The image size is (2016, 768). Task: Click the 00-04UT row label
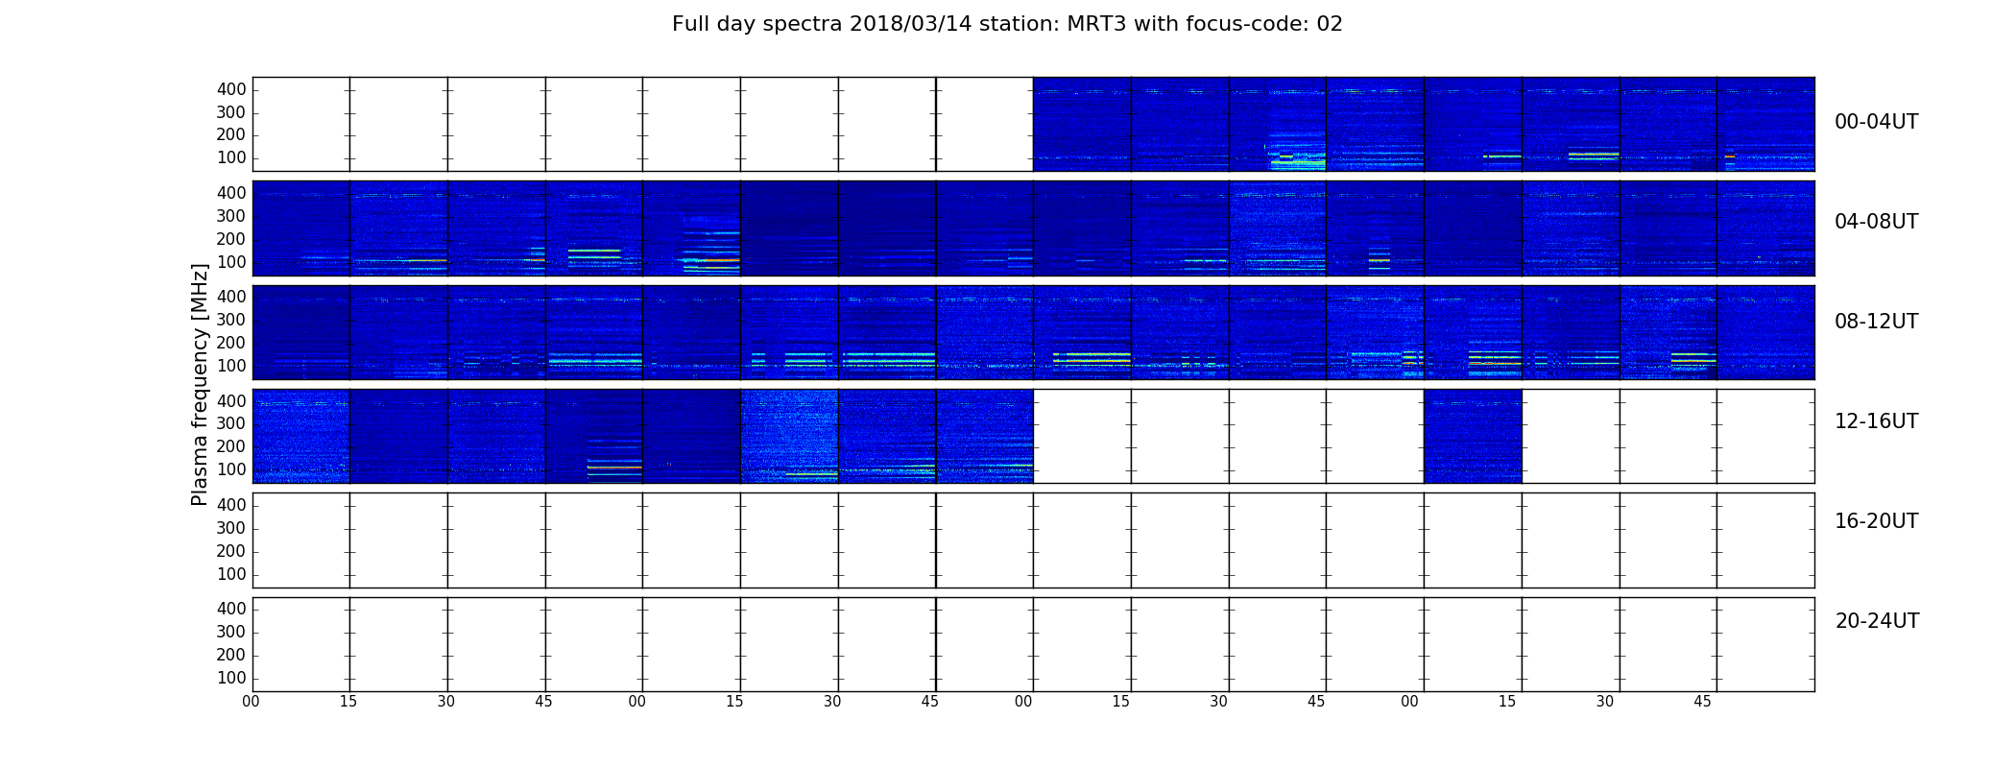pos(1876,122)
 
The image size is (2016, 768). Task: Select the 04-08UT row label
pos(1876,222)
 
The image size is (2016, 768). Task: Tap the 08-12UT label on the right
pos(1876,322)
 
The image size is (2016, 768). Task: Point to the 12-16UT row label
pos(1876,421)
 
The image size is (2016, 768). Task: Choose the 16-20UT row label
pos(1876,521)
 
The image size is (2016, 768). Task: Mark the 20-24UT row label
pos(1877,621)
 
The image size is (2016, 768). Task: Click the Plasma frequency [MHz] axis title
pos(200,384)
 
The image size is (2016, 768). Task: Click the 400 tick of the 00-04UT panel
pos(231,89)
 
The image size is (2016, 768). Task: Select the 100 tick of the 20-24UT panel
pos(231,678)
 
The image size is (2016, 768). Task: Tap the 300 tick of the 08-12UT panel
pos(231,320)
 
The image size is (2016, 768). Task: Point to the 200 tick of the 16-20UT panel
pos(231,551)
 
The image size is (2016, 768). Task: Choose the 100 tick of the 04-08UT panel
pos(231,262)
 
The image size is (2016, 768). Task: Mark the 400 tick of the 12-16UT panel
pos(231,400)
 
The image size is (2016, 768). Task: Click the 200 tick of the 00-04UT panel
pos(231,135)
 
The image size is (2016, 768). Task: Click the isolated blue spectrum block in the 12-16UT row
pos(1473,436)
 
